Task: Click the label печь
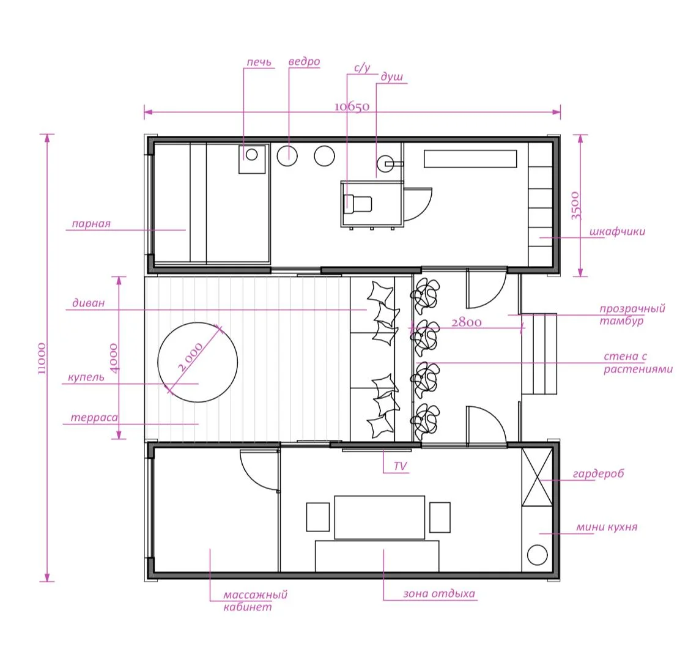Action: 259,62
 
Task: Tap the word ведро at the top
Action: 304,61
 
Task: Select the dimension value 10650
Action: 352,106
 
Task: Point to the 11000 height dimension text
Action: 42,358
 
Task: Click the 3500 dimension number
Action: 575,206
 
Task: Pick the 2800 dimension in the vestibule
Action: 467,322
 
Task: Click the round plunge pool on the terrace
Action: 198,363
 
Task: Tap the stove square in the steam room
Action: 253,159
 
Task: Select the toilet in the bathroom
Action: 358,204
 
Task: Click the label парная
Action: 91,224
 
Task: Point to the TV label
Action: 400,466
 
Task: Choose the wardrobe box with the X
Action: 537,478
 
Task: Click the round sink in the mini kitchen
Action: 537,555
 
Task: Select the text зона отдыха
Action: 439,594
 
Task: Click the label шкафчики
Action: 617,232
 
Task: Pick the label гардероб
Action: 598,474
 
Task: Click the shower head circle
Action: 385,164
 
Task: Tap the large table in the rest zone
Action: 380,517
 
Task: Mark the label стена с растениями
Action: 638,363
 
